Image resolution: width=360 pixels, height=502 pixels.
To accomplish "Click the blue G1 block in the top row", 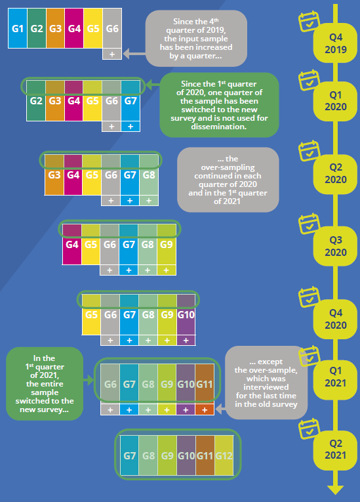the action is [18, 28].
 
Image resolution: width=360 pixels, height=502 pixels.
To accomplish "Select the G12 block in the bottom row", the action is [224, 455].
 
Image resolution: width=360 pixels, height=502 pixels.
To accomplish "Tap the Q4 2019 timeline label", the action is [335, 43].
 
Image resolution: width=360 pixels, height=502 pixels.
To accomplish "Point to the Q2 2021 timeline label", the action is [335, 450].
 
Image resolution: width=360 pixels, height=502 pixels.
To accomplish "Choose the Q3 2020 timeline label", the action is [335, 246].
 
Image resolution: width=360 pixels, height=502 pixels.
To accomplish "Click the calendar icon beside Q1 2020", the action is [309, 80].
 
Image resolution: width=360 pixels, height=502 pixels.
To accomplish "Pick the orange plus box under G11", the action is [205, 409].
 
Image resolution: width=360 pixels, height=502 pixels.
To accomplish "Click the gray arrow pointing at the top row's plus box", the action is [134, 54].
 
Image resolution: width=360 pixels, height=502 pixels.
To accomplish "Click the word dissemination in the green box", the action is [219, 127].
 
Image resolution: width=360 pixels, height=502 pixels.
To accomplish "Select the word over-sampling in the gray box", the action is [228, 167].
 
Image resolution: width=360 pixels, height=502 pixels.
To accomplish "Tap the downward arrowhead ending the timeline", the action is [335, 490].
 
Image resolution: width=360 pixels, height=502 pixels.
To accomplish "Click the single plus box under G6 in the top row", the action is [112, 54].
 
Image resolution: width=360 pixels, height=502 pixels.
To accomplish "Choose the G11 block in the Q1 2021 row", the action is [205, 384].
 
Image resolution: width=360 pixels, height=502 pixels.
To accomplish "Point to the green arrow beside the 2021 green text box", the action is [89, 381].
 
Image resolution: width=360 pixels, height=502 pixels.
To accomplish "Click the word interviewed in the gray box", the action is [266, 387].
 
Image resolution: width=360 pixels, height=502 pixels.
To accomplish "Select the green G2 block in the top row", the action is [37, 28].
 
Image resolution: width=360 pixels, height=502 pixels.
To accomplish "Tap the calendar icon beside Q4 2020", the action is [309, 297].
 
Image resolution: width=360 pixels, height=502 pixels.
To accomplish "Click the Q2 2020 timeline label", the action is [335, 173].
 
